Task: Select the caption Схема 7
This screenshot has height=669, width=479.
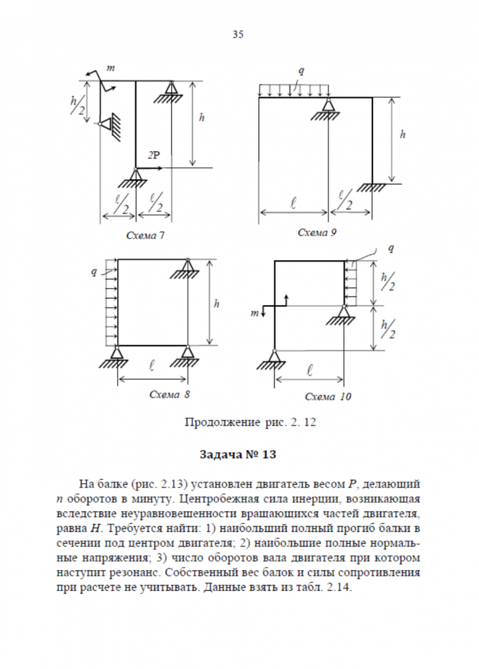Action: click(x=147, y=235)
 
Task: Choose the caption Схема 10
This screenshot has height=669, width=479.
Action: click(x=328, y=397)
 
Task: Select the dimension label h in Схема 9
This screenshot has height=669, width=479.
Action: click(x=402, y=134)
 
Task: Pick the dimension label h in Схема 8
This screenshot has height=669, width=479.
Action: click(x=216, y=303)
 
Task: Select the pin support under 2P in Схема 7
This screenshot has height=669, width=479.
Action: click(x=136, y=179)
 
